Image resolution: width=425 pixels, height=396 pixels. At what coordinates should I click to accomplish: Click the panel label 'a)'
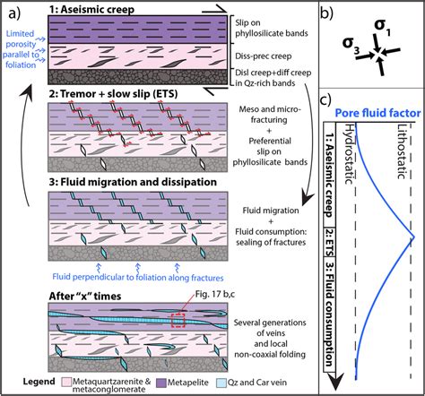tap(14, 13)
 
